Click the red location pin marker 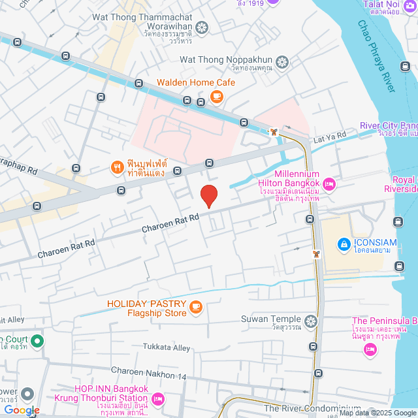click(x=208, y=196)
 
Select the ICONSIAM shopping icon click(x=343, y=244)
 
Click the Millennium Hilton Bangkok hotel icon click(x=329, y=185)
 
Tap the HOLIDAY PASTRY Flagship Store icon click(x=195, y=306)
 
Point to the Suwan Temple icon click(x=311, y=321)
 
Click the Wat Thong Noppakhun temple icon click(x=281, y=63)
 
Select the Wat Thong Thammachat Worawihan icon click(x=202, y=27)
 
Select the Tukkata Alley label click(x=167, y=347)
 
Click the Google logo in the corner click(x=21, y=410)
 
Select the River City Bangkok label click(x=388, y=125)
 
